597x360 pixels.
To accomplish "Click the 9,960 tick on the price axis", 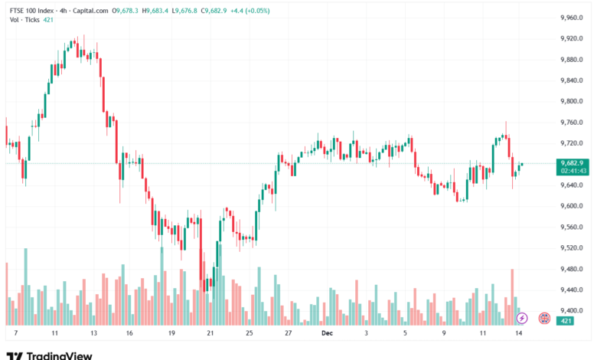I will coord(573,17).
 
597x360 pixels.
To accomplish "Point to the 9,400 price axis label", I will coord(573,310).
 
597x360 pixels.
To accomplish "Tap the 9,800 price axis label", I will coord(573,101).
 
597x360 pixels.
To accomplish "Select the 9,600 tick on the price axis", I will coord(573,206).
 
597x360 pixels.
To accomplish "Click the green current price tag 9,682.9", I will coord(573,162).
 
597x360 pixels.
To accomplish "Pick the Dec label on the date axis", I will coord(328,334).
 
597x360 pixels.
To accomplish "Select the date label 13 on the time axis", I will coord(93,334).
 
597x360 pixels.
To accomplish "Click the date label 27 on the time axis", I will coord(288,334).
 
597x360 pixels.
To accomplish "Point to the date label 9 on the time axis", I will coord(445,334).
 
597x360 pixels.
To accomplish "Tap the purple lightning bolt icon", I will coord(522,317).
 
